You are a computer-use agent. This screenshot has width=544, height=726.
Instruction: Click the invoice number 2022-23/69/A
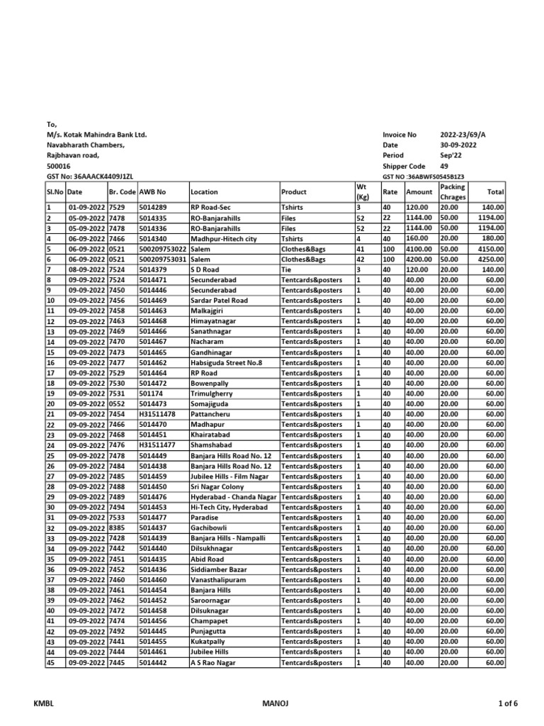point(463,135)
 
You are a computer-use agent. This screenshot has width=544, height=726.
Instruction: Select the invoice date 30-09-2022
point(458,145)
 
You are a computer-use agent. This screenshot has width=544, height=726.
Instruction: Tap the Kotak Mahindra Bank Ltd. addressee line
point(97,135)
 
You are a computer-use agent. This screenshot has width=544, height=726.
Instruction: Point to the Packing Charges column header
point(453,191)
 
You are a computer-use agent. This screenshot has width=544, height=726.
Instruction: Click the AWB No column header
point(152,191)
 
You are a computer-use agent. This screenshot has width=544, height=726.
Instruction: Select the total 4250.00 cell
point(490,259)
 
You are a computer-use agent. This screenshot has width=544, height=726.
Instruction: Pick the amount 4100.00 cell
point(418,250)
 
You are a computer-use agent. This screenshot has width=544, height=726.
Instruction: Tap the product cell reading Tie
point(287,270)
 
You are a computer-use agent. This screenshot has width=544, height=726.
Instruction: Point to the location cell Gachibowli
point(211,528)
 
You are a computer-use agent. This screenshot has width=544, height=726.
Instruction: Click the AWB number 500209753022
point(163,250)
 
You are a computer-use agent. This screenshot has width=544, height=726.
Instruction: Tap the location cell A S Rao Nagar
point(213,663)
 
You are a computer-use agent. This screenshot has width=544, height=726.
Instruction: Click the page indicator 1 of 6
point(506,703)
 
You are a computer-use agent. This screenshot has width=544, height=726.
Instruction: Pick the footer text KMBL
point(44,703)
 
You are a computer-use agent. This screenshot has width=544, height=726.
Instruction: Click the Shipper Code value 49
point(444,166)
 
